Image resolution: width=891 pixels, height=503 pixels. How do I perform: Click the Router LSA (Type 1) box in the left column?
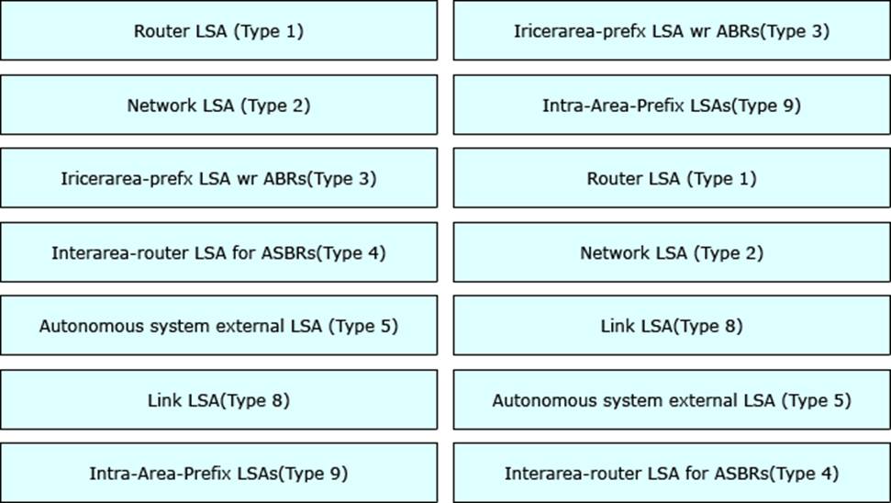tap(218, 30)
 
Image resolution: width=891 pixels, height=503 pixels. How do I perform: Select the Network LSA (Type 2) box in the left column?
tap(218, 106)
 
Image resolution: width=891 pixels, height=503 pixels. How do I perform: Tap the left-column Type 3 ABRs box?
tap(218, 178)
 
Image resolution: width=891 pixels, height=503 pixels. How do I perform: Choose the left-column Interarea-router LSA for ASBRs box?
tap(218, 252)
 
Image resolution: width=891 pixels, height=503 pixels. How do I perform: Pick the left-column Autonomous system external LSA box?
tap(218, 326)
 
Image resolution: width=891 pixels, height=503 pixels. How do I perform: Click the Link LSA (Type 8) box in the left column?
tap(218, 400)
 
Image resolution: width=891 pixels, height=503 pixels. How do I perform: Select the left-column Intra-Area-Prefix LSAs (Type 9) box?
tap(218, 474)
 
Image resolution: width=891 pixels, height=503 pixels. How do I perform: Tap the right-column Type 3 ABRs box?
tap(672, 30)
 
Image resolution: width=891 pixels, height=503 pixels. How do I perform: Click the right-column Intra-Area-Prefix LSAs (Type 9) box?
tap(672, 106)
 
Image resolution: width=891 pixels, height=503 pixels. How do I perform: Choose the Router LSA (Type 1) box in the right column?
tap(672, 178)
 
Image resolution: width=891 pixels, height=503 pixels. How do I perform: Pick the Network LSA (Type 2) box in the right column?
tap(672, 252)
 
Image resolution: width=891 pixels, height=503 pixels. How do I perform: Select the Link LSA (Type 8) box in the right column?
tap(672, 326)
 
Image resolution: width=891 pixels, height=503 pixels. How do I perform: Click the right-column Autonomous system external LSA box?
tap(672, 400)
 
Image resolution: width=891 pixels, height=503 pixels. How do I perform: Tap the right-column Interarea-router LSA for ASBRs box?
tap(672, 474)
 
